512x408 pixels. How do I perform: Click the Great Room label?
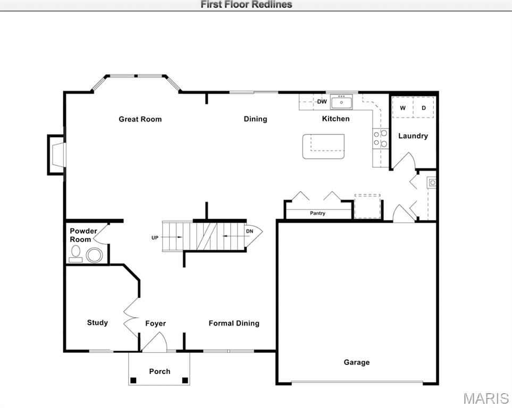click(140, 119)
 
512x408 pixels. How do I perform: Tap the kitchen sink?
click(341, 101)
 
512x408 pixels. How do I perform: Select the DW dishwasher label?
click(322, 101)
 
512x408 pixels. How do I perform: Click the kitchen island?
click(323, 146)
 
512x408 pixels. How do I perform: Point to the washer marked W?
click(402, 108)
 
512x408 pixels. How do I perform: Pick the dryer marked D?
click(424, 108)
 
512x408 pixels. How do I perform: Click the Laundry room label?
click(413, 136)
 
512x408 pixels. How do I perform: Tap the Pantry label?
click(318, 214)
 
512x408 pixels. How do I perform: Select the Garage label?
click(356, 362)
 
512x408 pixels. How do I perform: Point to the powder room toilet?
click(94, 256)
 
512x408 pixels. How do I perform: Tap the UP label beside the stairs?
click(155, 237)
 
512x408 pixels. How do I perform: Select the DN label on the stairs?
click(249, 232)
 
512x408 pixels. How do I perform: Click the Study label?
click(97, 322)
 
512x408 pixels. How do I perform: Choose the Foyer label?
click(156, 324)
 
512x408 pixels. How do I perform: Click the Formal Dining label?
click(234, 323)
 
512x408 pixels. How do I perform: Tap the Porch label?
click(160, 371)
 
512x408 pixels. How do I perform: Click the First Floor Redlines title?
click(246, 5)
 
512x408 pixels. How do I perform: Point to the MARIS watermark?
click(485, 398)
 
